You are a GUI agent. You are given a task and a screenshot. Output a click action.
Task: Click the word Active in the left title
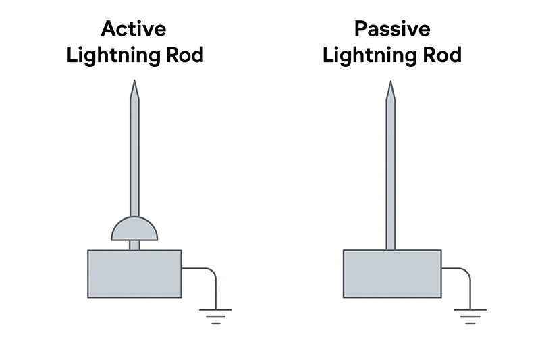(134, 29)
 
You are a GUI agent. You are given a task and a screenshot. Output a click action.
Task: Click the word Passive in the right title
(391, 29)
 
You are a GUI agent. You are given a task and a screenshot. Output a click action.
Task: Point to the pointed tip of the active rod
(134, 84)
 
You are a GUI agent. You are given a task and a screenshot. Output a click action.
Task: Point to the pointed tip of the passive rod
(389, 84)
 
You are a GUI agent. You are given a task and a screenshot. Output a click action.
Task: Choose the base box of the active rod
(134, 274)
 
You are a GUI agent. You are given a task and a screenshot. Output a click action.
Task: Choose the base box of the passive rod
(391, 274)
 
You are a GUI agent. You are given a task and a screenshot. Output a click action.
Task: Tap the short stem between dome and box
(134, 245)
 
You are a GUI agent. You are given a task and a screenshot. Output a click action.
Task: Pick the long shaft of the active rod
(134, 155)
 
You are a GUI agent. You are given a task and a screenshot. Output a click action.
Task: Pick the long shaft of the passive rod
(389, 169)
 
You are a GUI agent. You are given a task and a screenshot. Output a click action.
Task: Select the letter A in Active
(109, 29)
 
